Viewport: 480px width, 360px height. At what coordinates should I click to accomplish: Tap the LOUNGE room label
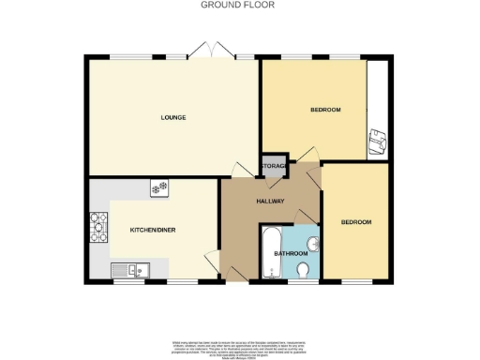pyautogui.click(x=172, y=117)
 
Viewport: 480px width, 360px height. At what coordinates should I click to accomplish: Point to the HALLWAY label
pyautogui.click(x=272, y=199)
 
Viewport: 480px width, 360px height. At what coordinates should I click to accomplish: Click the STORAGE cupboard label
pyautogui.click(x=274, y=166)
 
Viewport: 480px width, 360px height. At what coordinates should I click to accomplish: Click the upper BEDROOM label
pyautogui.click(x=324, y=111)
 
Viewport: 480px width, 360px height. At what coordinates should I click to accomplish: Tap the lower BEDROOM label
pyautogui.click(x=356, y=222)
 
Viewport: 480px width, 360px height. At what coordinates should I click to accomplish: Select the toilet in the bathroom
pyautogui.click(x=302, y=270)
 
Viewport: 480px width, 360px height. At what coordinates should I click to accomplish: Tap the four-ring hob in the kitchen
pyautogui.click(x=97, y=228)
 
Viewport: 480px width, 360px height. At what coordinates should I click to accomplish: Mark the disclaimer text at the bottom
pyautogui.click(x=240, y=348)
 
